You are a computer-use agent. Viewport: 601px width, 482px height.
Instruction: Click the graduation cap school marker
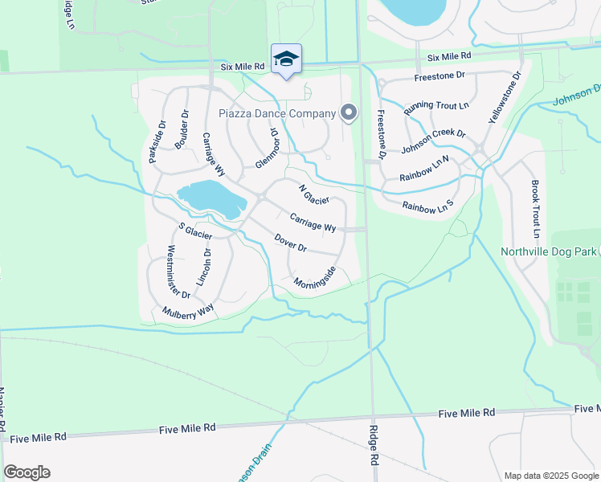tap(286, 59)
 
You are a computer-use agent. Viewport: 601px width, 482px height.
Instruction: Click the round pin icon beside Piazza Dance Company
tap(349, 113)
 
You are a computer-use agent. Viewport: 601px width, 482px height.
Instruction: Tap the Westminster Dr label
tap(178, 272)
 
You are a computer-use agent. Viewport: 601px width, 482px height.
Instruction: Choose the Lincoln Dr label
tap(205, 268)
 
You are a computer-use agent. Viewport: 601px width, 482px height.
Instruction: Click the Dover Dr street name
tap(291, 243)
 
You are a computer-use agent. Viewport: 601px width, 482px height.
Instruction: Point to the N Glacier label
tap(314, 194)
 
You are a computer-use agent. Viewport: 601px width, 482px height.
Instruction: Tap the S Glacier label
tap(195, 231)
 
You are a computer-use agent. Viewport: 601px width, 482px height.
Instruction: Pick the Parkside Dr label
tap(157, 142)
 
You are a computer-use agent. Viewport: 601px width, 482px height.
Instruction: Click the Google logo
tap(27, 472)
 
